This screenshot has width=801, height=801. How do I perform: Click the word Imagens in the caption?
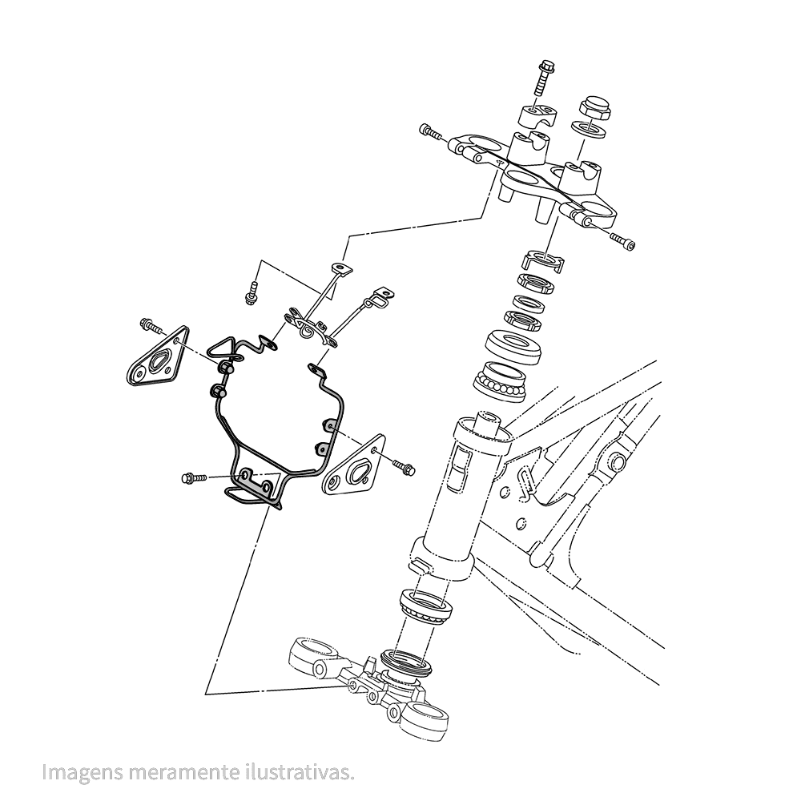[x=83, y=772]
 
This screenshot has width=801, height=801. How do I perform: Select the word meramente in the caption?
[x=181, y=772]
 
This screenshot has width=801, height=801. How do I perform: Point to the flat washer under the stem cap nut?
[x=589, y=130]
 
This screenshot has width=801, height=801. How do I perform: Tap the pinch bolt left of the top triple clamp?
[x=430, y=132]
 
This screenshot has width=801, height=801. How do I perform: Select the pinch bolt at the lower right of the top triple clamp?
[x=623, y=240]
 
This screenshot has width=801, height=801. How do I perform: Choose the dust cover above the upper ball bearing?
[x=513, y=348]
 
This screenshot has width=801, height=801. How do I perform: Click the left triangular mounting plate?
[x=157, y=357]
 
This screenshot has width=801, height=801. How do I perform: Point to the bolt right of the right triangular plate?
[x=404, y=466]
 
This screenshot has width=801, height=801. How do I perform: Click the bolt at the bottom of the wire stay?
[x=194, y=478]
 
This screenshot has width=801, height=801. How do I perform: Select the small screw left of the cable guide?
[x=250, y=294]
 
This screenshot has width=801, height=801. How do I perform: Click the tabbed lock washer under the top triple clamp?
[x=544, y=261]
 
